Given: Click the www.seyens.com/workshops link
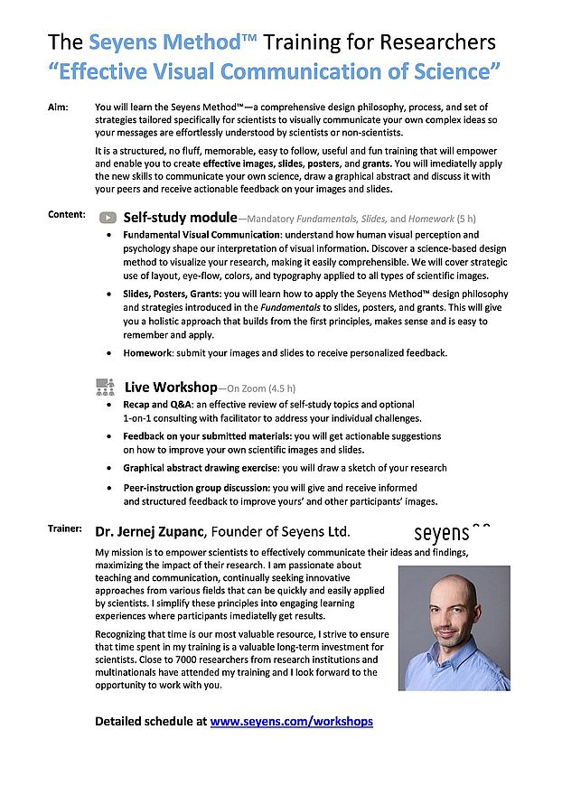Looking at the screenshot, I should [291, 721].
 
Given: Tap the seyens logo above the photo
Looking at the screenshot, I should [453, 532].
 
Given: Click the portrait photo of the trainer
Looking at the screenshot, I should [454, 628].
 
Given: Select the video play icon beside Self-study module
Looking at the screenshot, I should [108, 218].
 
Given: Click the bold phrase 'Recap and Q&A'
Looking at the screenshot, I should [156, 405].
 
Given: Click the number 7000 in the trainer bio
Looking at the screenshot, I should [174, 659].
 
